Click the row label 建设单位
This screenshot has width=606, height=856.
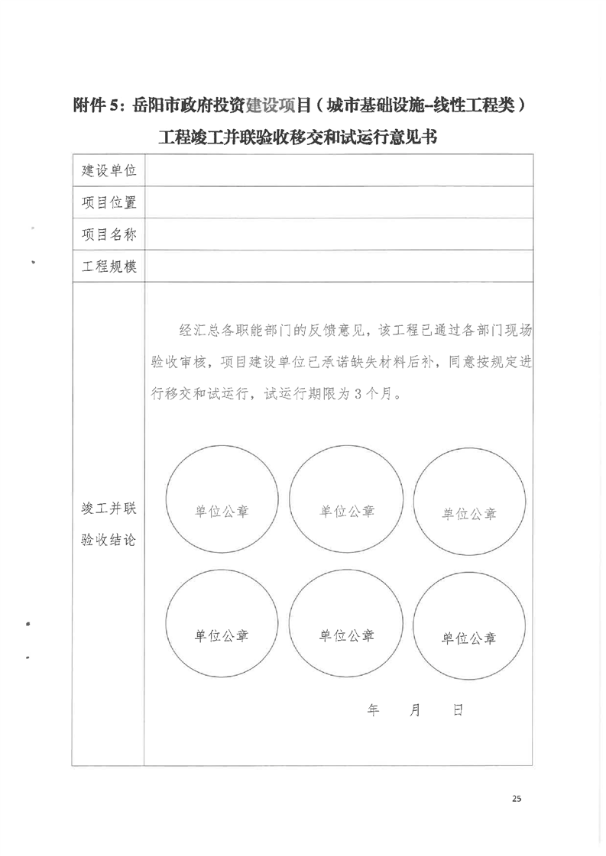pos(109,170)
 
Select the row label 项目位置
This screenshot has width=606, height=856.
pos(109,202)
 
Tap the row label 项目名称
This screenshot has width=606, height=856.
pos(109,234)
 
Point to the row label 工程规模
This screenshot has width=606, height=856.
pos(109,266)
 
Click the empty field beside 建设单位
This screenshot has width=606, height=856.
pos(339,170)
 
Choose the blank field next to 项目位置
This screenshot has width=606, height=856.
pos(339,202)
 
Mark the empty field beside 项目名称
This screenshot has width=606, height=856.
pos(339,234)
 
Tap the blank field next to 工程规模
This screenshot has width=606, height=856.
pos(339,266)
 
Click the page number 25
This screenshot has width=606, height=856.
pos(517,799)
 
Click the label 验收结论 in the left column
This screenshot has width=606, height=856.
pos(109,540)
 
